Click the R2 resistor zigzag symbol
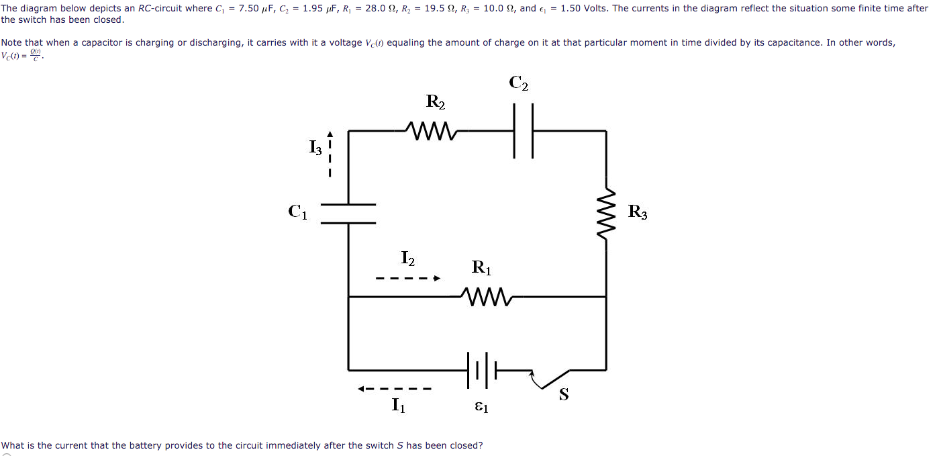[x=432, y=131]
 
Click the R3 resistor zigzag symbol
[x=606, y=214]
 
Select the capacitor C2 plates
[x=523, y=131]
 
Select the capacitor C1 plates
[x=348, y=214]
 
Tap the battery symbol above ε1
[x=481, y=370]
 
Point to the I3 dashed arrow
[x=330, y=154]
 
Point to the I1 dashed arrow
[x=395, y=388]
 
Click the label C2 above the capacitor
[x=518, y=83]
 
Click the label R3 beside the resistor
[x=638, y=212]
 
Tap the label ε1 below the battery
[x=481, y=407]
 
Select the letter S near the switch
[x=564, y=395]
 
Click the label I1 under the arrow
[x=398, y=405]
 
